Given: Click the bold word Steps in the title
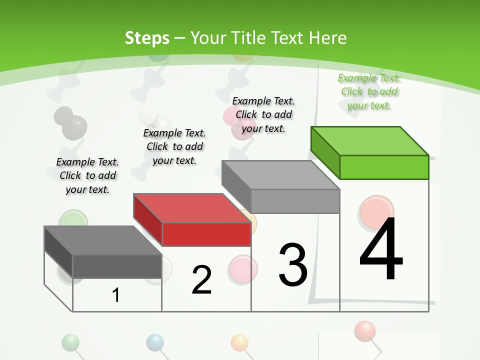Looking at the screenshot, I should click(147, 38).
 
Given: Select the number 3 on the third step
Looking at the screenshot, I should click(293, 265).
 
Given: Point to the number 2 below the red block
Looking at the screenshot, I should click(201, 280).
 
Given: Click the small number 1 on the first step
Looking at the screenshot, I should click(116, 295).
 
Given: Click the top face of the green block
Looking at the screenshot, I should click(370, 141).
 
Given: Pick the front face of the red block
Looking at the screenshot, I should click(206, 234).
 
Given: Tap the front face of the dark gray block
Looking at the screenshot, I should click(117, 266).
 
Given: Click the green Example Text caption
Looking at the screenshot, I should click(369, 91).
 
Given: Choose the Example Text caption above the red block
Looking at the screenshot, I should click(174, 146).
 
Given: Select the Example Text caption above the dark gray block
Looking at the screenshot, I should click(87, 175).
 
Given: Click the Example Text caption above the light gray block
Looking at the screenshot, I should click(263, 114).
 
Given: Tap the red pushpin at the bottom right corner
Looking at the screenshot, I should click(364, 330).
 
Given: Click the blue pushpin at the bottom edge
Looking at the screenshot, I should click(155, 342).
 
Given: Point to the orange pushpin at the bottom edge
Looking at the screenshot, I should click(239, 342).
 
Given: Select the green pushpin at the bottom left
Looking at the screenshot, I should click(70, 342).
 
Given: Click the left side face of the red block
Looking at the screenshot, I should click(148, 220).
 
